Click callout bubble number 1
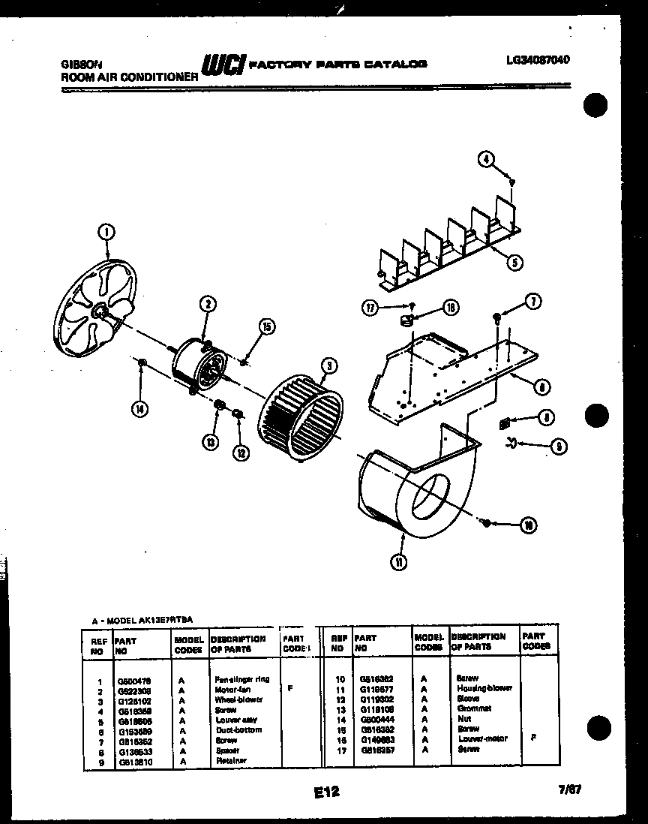click(106, 233)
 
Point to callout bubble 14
click(139, 409)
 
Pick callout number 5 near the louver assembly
click(515, 262)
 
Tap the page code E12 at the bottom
click(323, 791)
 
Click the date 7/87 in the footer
click(570, 789)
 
